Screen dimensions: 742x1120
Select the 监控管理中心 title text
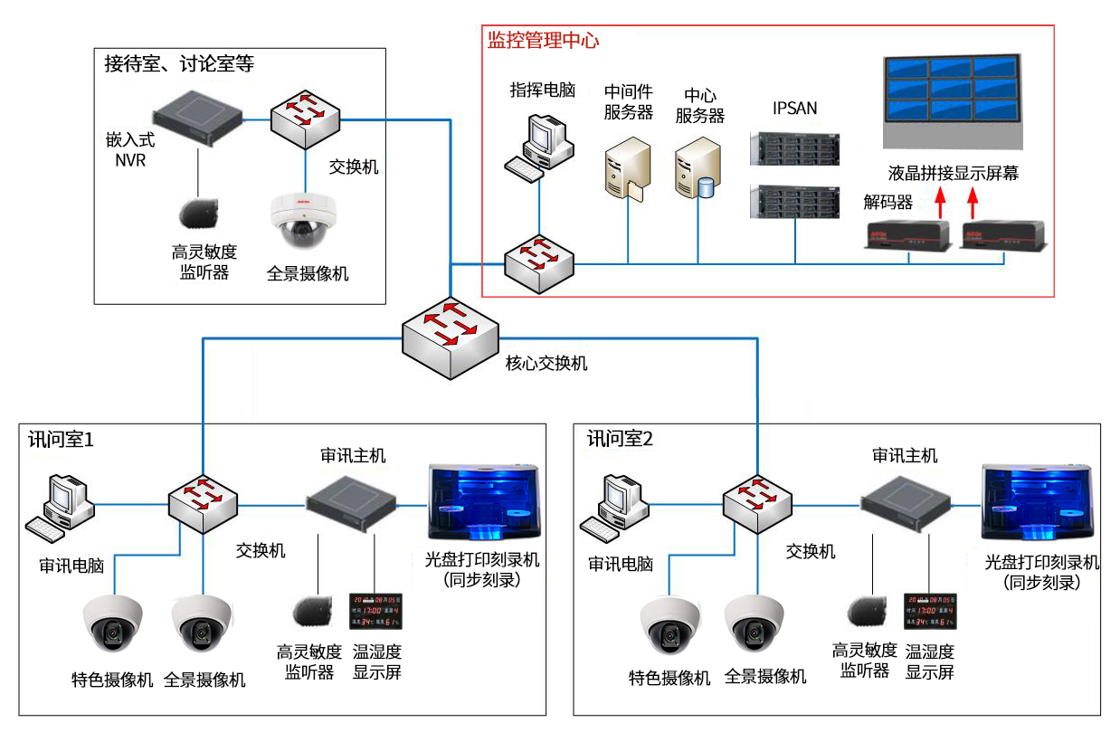pyautogui.click(x=543, y=41)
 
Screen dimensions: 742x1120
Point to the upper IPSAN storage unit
pyautogui.click(x=794, y=148)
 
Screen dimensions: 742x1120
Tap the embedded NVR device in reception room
pyautogui.click(x=198, y=114)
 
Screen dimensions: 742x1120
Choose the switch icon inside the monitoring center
pyautogui.click(x=539, y=259)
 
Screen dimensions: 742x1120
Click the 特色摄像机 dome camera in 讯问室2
pyautogui.click(x=669, y=625)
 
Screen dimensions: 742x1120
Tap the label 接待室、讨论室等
pyautogui.click(x=179, y=64)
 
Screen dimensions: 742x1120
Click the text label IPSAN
pyautogui.click(x=794, y=109)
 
